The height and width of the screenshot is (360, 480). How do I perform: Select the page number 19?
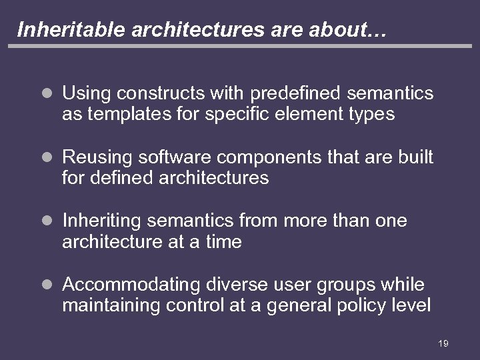[x=443, y=343]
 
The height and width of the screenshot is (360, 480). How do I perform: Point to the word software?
[x=174, y=158]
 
